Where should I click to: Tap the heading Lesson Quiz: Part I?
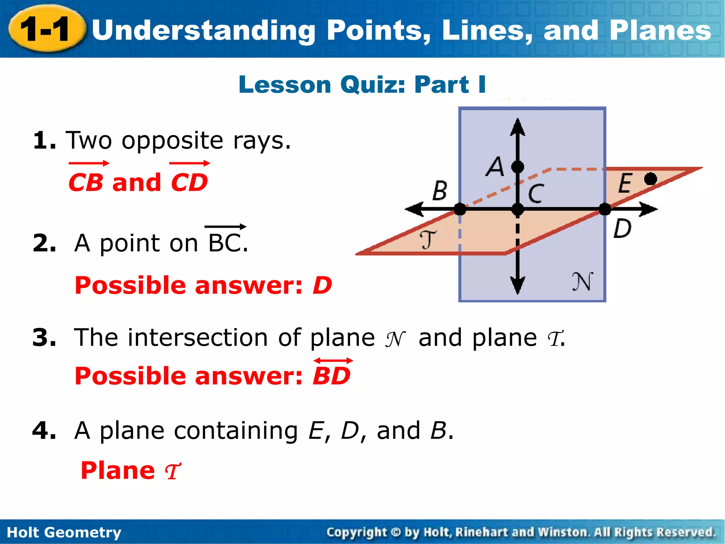coord(362,85)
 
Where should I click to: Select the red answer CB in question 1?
coord(86,182)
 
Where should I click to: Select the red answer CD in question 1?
coord(189,182)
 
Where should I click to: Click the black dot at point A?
coord(518,166)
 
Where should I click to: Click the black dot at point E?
coord(651,179)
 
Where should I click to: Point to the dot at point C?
coord(518,209)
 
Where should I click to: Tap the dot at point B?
coord(460,209)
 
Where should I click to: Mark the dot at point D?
coord(605,209)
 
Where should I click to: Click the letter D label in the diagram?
coord(622,228)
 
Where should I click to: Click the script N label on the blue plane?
coord(582,282)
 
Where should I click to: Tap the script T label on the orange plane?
coord(428,239)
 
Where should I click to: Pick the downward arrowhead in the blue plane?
coord(518,285)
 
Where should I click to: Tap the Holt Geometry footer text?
coord(64,532)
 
